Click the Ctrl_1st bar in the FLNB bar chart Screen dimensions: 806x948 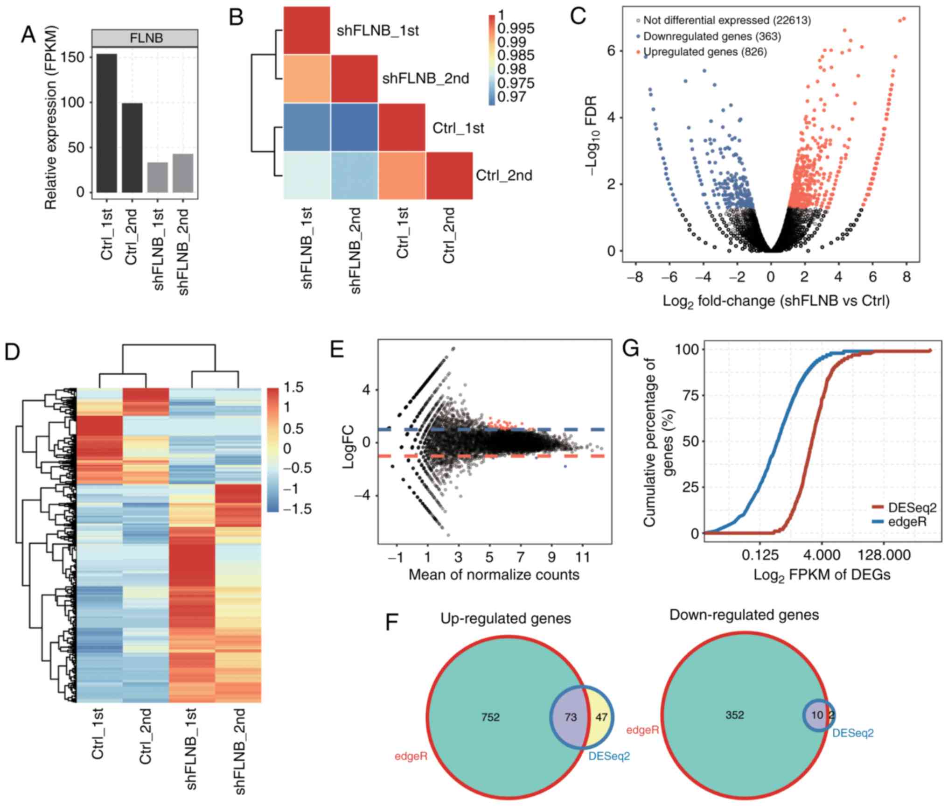pyautogui.click(x=107, y=123)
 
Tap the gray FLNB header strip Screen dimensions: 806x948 pyautogui.click(x=145, y=38)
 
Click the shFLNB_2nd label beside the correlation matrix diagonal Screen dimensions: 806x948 pyautogui.click(x=425, y=78)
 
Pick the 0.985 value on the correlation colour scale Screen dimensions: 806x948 pyautogui.click(x=516, y=56)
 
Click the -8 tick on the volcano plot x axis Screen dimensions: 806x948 pyautogui.click(x=635, y=277)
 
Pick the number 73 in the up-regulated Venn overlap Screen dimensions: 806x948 pyautogui.click(x=571, y=717)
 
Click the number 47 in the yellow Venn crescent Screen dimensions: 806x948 pyautogui.click(x=601, y=717)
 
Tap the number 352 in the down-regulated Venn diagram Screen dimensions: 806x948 pyautogui.click(x=735, y=715)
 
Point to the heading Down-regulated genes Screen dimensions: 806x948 pyautogui.click(x=744, y=615)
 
